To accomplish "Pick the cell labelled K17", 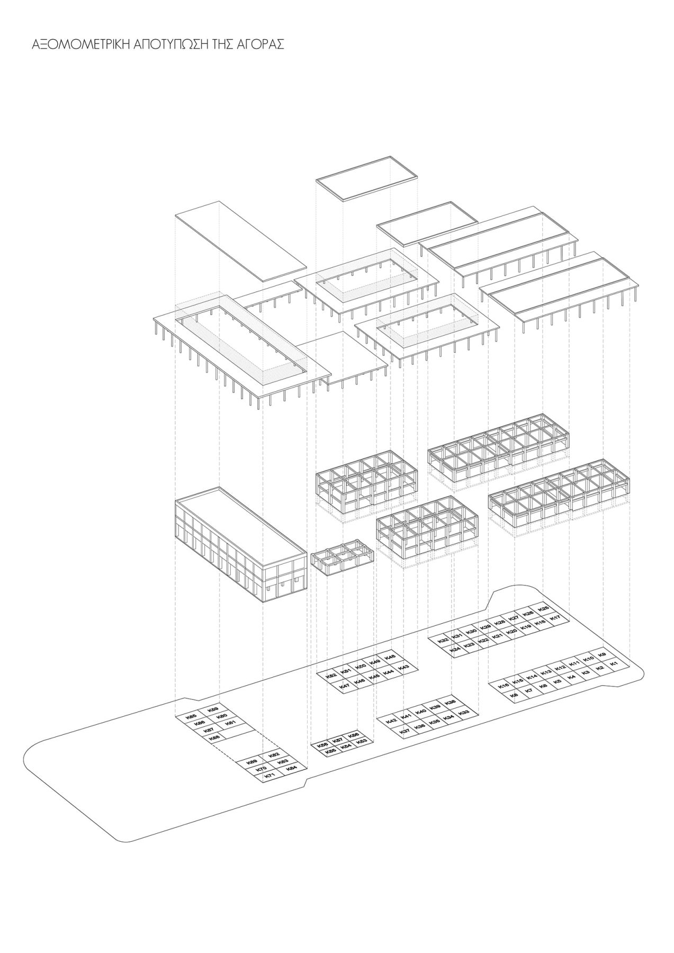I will pos(555,618).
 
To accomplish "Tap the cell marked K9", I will pos(601,655).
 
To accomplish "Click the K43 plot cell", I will pos(403,667).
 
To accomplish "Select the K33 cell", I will pos(464,713).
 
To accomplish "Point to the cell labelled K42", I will pos(391,721).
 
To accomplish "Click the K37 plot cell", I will pos(405,731).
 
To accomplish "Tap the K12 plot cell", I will pos(561,668).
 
